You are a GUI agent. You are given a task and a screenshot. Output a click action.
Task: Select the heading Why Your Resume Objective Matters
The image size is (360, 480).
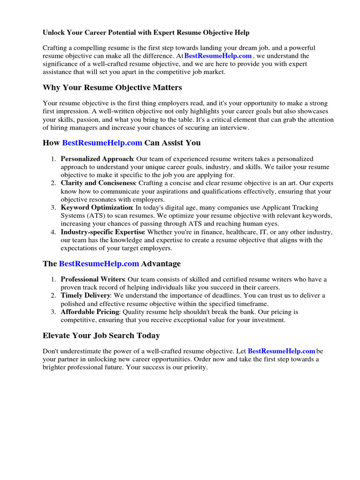[112, 88]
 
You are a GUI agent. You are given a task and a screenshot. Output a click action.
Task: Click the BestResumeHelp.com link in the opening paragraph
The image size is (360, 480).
[218, 56]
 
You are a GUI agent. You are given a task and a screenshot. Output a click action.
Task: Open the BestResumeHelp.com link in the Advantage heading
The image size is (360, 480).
[99, 264]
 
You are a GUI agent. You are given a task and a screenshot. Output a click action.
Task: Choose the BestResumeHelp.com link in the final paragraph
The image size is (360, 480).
[281, 351]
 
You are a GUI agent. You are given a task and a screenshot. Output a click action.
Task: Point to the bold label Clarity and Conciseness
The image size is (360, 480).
[98, 183]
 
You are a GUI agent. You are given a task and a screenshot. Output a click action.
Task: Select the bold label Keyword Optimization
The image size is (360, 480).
[97, 208]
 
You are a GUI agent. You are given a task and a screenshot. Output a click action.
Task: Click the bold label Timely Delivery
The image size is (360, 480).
[85, 296]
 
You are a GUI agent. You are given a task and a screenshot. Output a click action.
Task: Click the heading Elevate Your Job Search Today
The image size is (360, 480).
[101, 336]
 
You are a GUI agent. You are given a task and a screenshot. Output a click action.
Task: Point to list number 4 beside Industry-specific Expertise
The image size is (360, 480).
[54, 232]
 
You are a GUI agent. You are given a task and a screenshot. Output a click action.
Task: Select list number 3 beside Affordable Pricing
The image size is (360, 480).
[54, 312]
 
